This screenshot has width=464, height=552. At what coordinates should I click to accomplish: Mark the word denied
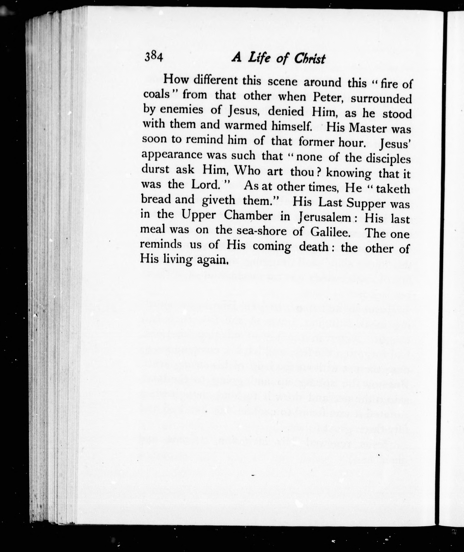tap(286, 112)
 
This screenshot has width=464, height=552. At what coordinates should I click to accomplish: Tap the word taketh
tap(393, 189)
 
